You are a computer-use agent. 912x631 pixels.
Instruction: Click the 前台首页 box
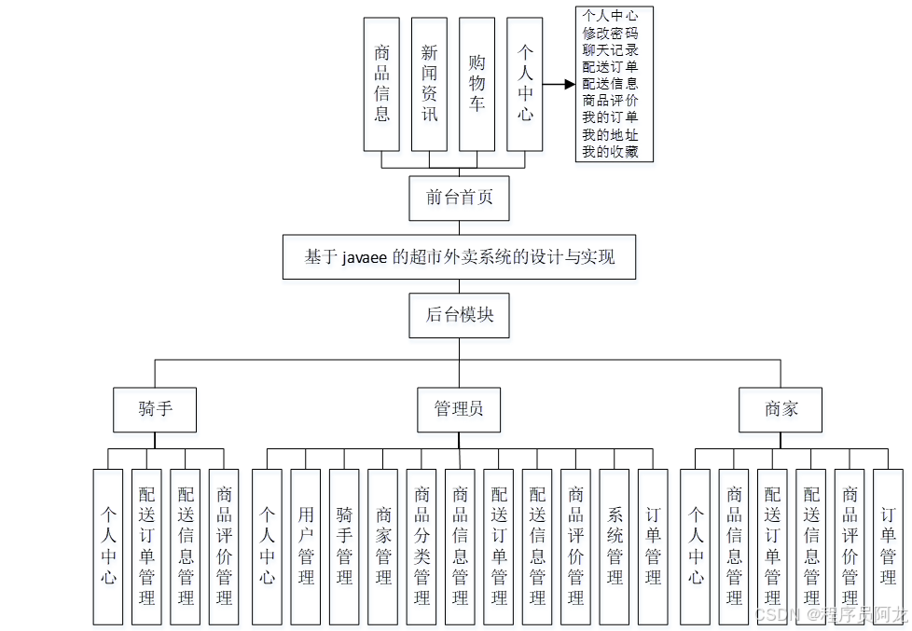[x=459, y=197]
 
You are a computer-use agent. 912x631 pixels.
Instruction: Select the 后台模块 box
[x=459, y=315]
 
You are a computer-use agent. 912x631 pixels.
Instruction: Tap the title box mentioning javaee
[x=459, y=256]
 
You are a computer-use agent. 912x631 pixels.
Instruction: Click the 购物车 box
[x=477, y=84]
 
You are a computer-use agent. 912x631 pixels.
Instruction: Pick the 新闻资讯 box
[x=429, y=84]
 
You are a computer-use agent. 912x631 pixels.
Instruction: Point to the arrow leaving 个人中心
[x=559, y=84]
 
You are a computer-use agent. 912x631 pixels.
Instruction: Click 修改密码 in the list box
[x=610, y=33]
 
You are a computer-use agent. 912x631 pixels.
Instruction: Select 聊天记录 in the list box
[x=610, y=49]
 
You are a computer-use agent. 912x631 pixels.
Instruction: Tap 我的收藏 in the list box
[x=610, y=152]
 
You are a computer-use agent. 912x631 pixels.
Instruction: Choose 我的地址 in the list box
[x=610, y=135]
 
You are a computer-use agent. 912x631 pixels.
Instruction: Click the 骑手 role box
[x=155, y=409]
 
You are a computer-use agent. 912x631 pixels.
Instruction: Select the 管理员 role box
[x=459, y=409]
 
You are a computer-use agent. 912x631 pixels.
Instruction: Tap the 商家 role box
[x=781, y=409]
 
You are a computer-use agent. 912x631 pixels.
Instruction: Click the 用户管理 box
[x=306, y=546]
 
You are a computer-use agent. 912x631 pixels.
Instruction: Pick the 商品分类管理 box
[x=421, y=546]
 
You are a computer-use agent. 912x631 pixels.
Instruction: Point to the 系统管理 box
[x=615, y=546]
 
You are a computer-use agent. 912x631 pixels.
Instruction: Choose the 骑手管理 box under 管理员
[x=344, y=546]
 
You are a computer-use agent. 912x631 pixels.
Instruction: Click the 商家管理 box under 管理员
[x=383, y=546]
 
